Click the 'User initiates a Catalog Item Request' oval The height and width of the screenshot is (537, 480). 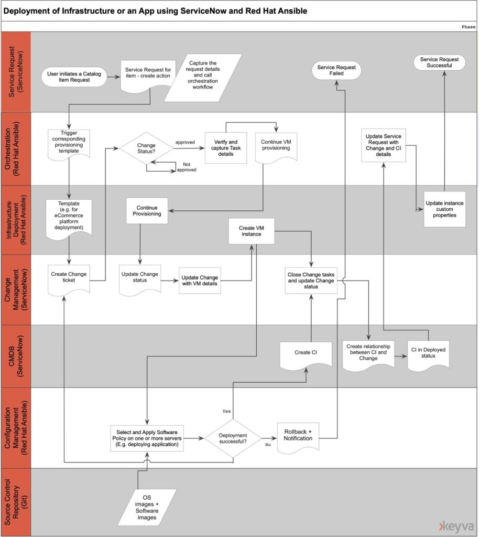click(74, 77)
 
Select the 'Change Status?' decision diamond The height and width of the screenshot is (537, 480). click(146, 148)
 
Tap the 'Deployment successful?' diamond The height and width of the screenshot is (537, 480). click(233, 438)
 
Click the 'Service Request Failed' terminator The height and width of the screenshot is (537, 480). click(336, 70)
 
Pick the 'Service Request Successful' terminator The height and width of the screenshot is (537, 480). click(439, 62)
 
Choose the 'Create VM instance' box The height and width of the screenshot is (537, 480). click(252, 231)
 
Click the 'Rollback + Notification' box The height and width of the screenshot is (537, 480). click(298, 437)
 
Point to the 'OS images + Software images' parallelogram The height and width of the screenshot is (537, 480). click(147, 507)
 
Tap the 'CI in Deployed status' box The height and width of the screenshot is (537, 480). click(428, 355)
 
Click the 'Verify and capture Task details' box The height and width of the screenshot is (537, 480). click(226, 148)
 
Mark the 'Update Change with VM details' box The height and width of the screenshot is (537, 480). click(200, 281)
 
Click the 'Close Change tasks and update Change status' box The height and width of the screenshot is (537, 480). click(311, 281)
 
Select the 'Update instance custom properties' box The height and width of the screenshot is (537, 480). click(444, 209)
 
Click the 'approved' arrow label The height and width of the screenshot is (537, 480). click(185, 142)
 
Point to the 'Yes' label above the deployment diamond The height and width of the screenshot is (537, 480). click(226, 411)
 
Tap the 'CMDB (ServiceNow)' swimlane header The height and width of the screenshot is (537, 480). click(16, 356)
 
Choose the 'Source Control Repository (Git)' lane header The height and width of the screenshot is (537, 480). click(16, 502)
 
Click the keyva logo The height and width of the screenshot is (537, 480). click(456, 527)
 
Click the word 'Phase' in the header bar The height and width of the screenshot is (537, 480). click(468, 27)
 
